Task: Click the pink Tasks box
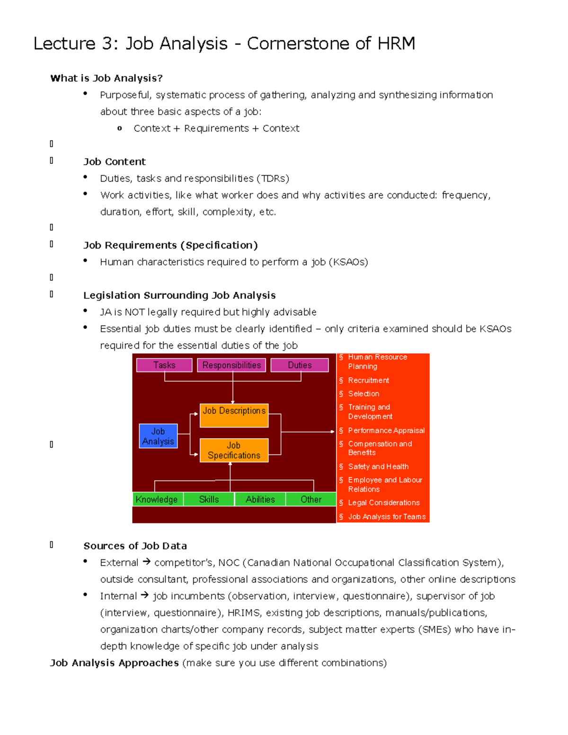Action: (x=164, y=365)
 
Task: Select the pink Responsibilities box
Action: (x=231, y=365)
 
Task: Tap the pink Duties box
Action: (x=300, y=365)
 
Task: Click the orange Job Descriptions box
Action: (x=234, y=415)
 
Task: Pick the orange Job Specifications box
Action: (x=234, y=450)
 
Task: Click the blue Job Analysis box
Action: (x=158, y=436)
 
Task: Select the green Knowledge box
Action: (x=157, y=499)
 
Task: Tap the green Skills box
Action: (x=209, y=499)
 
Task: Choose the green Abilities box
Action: (x=260, y=499)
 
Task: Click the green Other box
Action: (x=311, y=499)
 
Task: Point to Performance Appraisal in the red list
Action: (x=386, y=430)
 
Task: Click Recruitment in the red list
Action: (x=368, y=380)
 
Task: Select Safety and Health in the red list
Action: (x=378, y=466)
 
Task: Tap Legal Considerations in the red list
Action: (x=384, y=502)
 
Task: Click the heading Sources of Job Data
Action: (x=135, y=546)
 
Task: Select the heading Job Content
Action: (x=115, y=161)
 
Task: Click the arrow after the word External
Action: (x=146, y=562)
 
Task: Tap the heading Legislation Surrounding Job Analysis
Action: (x=179, y=295)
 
